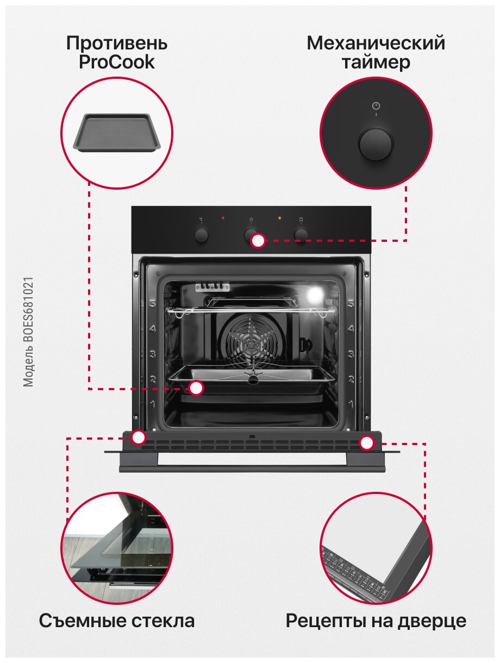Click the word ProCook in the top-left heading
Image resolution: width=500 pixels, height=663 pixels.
[116, 62]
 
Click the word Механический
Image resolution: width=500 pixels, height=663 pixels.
[376, 43]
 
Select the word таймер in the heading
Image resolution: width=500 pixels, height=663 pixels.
[376, 62]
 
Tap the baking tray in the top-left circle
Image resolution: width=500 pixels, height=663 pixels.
[116, 132]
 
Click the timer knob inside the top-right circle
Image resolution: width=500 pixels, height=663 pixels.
[376, 144]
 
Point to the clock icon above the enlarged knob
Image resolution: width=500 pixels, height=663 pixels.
[376, 106]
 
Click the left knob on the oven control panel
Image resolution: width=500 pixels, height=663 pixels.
[202, 235]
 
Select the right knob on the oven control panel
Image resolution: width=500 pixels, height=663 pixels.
[301, 234]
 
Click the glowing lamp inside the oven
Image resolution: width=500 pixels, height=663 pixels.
[314, 296]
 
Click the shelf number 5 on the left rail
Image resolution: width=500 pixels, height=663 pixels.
[153, 304]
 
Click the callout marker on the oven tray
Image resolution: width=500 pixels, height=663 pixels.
[196, 388]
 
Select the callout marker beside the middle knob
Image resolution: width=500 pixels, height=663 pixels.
[258, 241]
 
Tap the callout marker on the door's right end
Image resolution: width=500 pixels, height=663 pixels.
[367, 443]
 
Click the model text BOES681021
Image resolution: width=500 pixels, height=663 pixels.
[29, 332]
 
